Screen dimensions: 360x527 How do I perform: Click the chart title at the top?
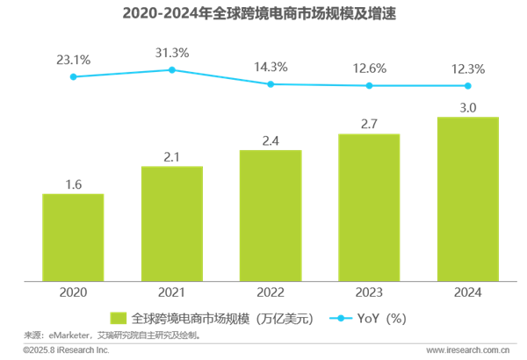[x=263, y=14]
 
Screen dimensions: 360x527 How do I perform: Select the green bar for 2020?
[x=73, y=237]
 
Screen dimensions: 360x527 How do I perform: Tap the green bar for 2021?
[x=172, y=224]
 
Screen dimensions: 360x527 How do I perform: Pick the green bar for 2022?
[x=271, y=215]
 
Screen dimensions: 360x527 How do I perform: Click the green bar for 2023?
[x=369, y=208]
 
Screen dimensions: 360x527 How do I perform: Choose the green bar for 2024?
[x=468, y=199]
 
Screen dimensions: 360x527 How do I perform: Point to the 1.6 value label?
[x=73, y=184]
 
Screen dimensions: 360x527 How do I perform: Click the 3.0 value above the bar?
[x=468, y=108]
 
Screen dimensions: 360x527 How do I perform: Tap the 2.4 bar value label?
[x=271, y=140]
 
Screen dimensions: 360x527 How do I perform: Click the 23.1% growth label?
[x=73, y=59]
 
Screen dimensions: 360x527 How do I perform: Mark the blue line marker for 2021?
[x=172, y=69]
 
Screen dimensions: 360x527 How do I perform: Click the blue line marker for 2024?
[x=468, y=85]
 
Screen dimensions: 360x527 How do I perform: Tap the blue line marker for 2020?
[x=73, y=77]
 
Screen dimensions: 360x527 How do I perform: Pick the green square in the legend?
[x=116, y=318]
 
